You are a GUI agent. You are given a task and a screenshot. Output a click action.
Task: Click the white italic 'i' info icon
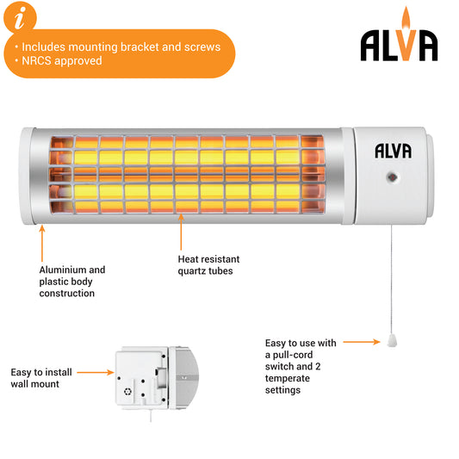click(20, 18)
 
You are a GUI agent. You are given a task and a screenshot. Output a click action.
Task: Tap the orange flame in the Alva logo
click(406, 17)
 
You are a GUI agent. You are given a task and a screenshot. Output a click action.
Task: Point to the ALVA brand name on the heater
click(394, 151)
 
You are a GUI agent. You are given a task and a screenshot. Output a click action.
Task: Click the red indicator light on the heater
click(392, 177)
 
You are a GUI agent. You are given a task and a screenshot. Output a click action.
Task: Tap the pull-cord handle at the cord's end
click(392, 341)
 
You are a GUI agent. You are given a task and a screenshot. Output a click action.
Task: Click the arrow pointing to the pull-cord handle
click(362, 342)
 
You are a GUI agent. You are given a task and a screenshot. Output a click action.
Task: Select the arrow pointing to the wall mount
click(96, 372)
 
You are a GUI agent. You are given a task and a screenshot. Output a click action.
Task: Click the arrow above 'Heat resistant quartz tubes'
click(181, 232)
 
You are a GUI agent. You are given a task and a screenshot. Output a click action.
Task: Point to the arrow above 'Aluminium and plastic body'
click(42, 243)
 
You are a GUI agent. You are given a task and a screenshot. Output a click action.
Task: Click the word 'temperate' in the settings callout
click(287, 378)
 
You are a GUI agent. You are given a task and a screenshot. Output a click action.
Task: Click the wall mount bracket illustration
click(157, 378)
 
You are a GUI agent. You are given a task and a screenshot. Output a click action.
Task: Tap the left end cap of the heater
click(27, 176)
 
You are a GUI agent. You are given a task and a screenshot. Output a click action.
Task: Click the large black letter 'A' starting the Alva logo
click(370, 46)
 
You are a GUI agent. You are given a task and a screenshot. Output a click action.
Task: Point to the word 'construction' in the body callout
click(67, 293)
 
